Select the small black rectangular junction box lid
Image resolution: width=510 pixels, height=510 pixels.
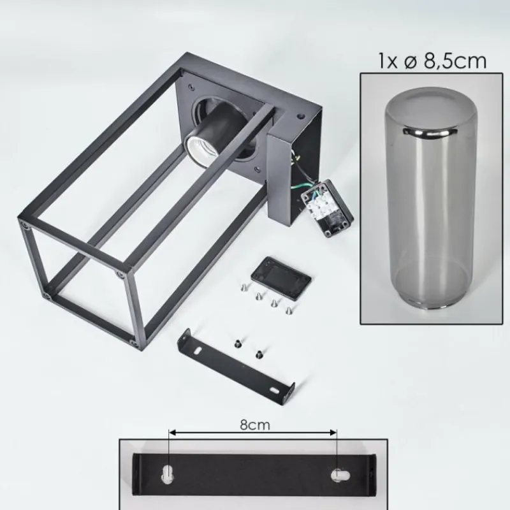pos(280,278)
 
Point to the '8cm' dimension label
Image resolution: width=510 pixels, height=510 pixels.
pos(254,425)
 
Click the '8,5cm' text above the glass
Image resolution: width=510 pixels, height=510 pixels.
pos(455,61)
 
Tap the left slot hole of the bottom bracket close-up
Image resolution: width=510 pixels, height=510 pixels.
pos(168,475)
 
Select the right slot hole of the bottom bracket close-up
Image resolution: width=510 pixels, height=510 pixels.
pos(340,476)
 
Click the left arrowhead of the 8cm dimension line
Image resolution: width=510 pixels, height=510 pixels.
pos(172,433)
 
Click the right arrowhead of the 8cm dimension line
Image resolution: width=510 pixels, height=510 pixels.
pos(333,433)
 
